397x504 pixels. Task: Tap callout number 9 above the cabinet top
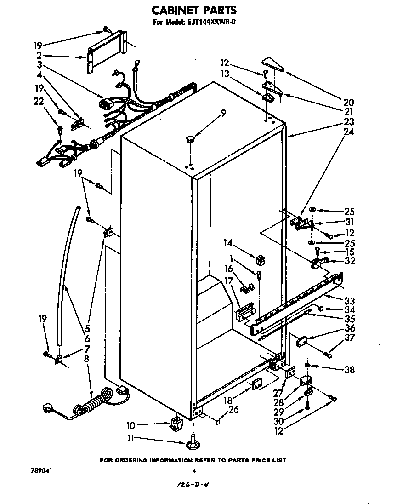(223, 112)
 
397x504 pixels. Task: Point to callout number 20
(348, 102)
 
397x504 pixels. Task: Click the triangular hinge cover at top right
(273, 64)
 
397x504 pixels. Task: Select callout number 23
(348, 122)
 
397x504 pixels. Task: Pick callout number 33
(350, 301)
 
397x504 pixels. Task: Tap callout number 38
(350, 369)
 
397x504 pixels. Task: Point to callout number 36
(350, 328)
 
